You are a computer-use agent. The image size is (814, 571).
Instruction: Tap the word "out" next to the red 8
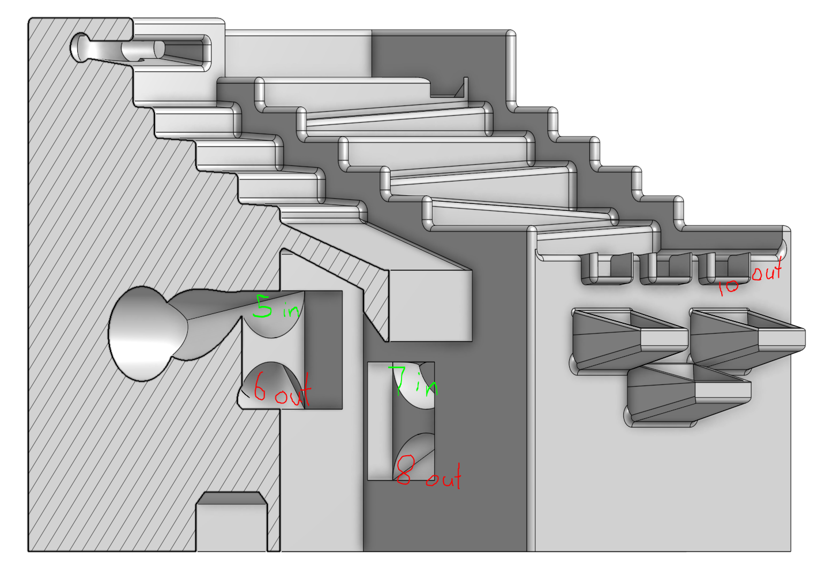pos(444,477)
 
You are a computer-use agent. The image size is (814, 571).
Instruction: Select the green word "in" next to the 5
pos(291,309)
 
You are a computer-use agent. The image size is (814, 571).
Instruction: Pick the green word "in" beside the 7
pos(427,385)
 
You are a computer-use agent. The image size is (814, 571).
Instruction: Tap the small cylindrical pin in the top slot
pos(143,50)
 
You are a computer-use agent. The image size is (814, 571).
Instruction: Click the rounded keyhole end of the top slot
pos(79,47)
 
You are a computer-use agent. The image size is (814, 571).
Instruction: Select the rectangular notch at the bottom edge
pos(232,521)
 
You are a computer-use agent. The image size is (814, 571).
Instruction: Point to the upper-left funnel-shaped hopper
pos(630,340)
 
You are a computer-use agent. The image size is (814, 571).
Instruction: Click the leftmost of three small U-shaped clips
pos(607,269)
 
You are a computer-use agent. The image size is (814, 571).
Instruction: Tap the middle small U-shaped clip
pos(666,269)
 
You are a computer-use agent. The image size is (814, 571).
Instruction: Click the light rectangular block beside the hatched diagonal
pos(430,305)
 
